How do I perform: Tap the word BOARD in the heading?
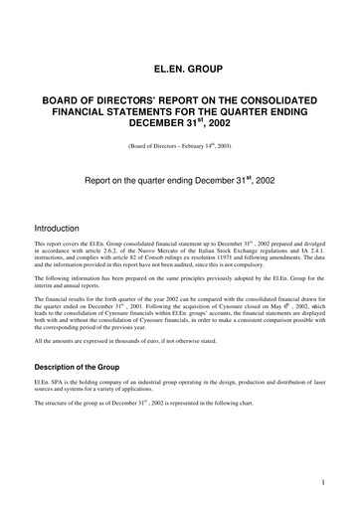pyautogui.click(x=62, y=103)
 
